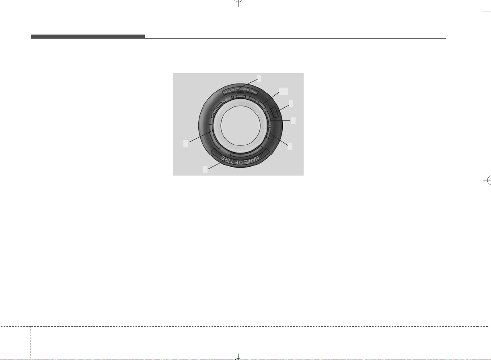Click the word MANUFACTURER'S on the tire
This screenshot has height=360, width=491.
pyautogui.click(x=236, y=90)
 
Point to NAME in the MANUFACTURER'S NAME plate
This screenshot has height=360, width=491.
pyautogui.click(x=253, y=92)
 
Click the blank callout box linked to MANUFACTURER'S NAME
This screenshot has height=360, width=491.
pyautogui.click(x=259, y=78)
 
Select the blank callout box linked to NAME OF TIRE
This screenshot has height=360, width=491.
pyautogui.click(x=205, y=170)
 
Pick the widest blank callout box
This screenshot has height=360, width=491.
pyautogui.click(x=284, y=91)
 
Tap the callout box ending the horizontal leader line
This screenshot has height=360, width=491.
pyautogui.click(x=293, y=120)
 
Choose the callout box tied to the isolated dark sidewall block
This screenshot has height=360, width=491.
pyautogui.click(x=291, y=103)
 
